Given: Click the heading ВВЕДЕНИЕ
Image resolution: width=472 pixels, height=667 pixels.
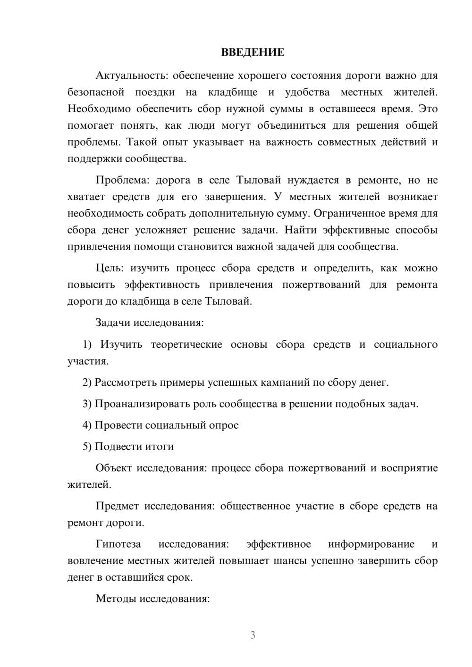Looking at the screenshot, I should click(253, 52).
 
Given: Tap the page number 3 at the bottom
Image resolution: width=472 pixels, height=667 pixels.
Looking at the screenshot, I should click(253, 635).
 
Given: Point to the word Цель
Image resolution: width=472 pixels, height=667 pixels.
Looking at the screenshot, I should click(110, 268).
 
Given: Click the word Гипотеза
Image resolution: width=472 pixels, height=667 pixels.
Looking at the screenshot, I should click(118, 544).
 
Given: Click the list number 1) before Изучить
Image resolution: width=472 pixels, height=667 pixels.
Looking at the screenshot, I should click(87, 345).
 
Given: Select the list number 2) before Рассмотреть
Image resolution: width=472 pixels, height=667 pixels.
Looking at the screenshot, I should click(87, 383).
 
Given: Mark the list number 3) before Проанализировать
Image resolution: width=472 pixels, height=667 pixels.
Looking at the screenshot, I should click(87, 404).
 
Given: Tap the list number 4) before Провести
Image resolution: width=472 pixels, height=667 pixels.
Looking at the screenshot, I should click(87, 425).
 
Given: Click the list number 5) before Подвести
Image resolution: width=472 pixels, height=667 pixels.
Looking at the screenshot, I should click(87, 447).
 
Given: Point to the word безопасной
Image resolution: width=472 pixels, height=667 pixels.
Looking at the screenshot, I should click(96, 92).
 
